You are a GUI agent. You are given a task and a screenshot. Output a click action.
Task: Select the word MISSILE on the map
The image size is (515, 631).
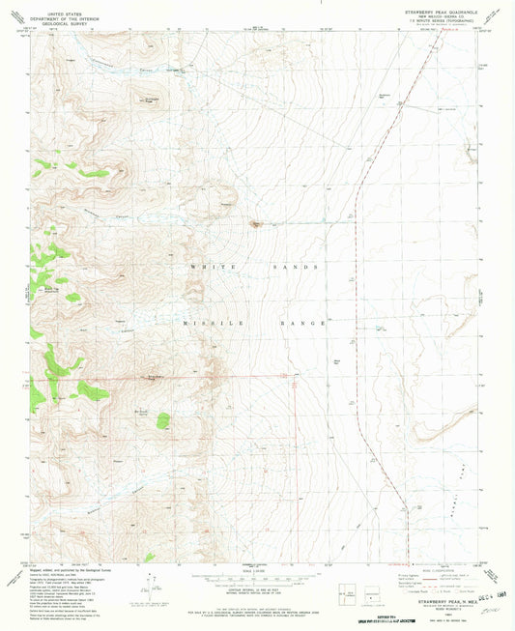tap(205, 321)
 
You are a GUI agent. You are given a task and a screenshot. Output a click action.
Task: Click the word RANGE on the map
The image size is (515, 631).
tap(299, 321)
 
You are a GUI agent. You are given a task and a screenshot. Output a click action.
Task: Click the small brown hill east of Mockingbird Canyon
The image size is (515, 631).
tap(256, 225)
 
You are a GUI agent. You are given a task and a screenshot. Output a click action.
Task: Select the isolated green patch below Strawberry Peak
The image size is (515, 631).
tap(163, 420)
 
